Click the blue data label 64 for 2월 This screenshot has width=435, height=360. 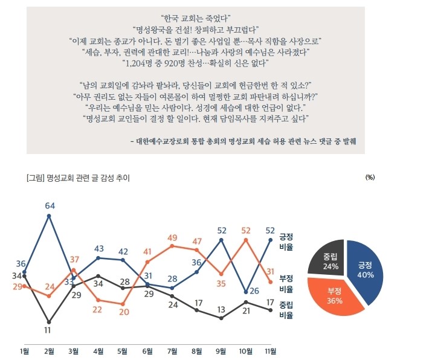[x=50, y=205]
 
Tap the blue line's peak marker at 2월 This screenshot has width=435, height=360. [x=49, y=216]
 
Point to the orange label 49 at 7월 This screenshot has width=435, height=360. [x=172, y=237]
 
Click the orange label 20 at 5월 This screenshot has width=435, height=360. [x=123, y=312]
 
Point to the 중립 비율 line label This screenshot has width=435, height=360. [x=286, y=310]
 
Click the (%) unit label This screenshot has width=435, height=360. [x=371, y=178]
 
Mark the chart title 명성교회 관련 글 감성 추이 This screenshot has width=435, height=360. [x=79, y=178]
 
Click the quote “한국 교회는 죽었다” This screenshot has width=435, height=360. [x=197, y=18]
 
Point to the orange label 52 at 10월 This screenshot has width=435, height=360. [x=246, y=230]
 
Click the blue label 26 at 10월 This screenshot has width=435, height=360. [x=254, y=291]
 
